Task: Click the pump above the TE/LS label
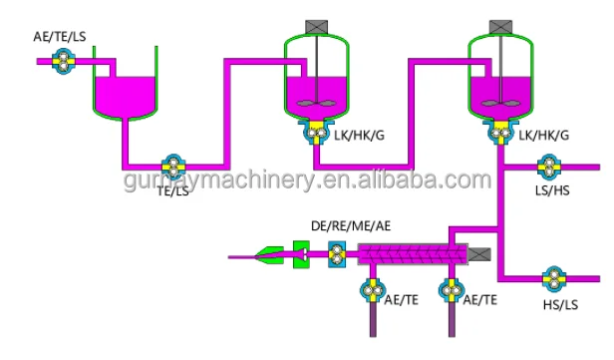pyautogui.click(x=173, y=166)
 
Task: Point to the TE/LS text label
pyautogui.click(x=172, y=190)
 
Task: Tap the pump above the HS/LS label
pyautogui.click(x=553, y=276)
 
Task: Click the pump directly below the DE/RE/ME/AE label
pyautogui.click(x=336, y=256)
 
